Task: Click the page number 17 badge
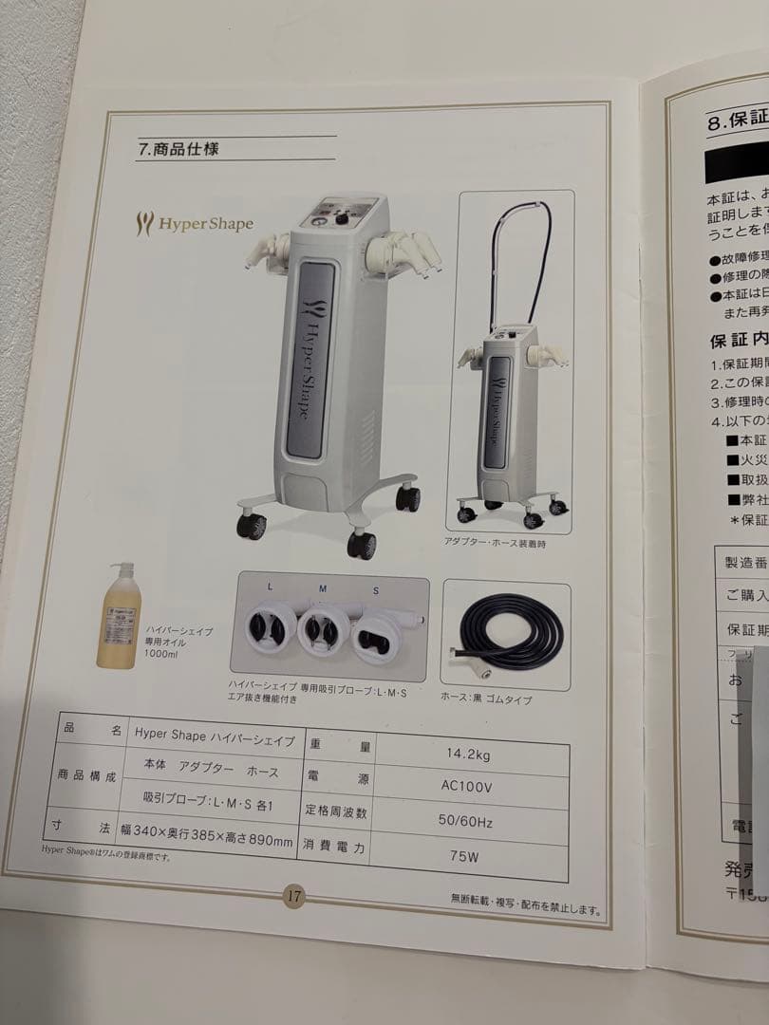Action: [294, 895]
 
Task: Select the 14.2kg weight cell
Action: [468, 755]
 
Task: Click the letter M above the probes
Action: [323, 588]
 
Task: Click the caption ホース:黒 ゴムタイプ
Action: [486, 699]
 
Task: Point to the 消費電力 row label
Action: [334, 848]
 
